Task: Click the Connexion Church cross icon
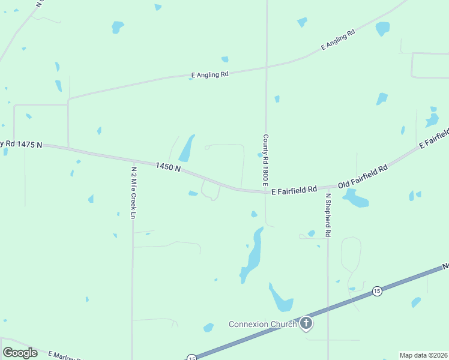306,324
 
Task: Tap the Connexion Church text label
263,325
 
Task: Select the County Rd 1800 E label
264,158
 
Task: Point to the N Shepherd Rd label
328,215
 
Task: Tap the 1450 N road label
168,167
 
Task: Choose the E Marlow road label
65,355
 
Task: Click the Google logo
20,353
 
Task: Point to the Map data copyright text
423,355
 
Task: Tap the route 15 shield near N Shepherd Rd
376,291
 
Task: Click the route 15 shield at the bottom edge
191,358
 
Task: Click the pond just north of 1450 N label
187,148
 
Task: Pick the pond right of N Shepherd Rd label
355,199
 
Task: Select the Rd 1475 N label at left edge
22,144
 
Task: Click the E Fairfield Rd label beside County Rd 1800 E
294,190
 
